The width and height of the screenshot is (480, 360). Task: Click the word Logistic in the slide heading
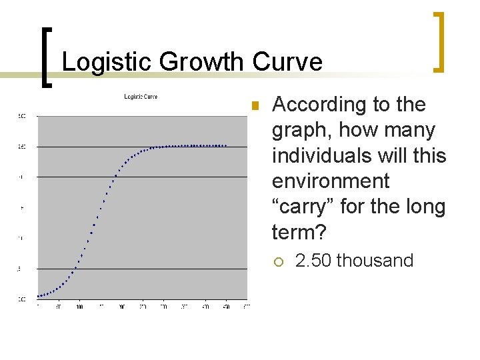(x=100, y=62)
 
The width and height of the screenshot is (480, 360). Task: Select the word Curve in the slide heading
(x=287, y=62)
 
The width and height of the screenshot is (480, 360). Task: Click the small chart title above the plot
(x=141, y=97)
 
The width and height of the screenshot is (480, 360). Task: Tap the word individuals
(x=316, y=155)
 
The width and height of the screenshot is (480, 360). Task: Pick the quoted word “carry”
(x=303, y=207)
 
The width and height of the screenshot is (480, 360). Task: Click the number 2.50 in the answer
(x=313, y=260)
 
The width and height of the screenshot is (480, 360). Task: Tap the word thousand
(x=375, y=260)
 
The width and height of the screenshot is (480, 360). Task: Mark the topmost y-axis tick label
(x=22, y=116)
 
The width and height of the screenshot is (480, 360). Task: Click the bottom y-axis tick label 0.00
(x=22, y=299)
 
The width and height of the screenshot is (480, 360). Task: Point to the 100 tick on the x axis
(x=79, y=307)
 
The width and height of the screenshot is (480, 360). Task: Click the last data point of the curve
(x=227, y=145)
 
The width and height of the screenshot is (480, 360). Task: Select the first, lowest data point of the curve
(x=38, y=296)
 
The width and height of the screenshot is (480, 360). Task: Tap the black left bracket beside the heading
(x=46, y=57)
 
